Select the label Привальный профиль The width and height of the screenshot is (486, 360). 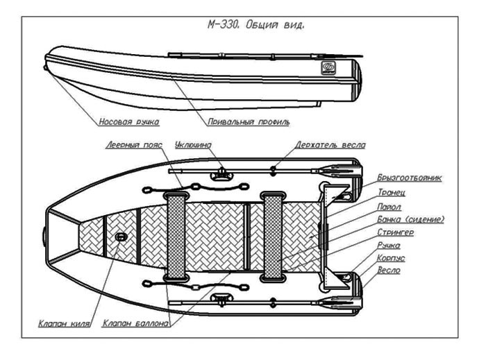[248, 121]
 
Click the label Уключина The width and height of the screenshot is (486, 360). [194, 146]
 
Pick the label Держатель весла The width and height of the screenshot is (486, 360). [330, 145]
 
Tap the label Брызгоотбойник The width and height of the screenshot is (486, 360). [410, 178]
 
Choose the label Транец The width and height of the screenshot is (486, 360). [392, 191]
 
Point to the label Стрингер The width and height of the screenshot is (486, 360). [396, 232]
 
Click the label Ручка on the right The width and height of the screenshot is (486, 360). [389, 246]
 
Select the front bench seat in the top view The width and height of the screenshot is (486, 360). [176, 237]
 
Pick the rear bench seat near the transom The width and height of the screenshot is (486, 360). [272, 237]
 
